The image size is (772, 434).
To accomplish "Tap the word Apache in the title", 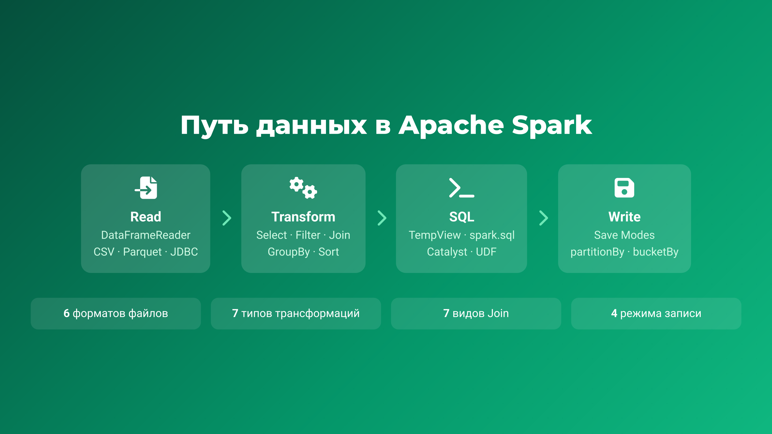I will [x=451, y=125].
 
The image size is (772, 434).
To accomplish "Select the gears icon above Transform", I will [x=303, y=188].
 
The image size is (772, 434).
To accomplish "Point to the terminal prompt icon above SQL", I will [x=462, y=188].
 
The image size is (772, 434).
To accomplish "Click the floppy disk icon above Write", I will [x=624, y=188].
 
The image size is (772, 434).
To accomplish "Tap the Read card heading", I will [x=146, y=216].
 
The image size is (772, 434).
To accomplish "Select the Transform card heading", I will [x=303, y=216].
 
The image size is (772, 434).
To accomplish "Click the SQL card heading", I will [x=462, y=216].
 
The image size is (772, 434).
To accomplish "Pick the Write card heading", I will [x=624, y=216].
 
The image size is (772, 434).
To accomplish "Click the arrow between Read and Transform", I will [x=227, y=218].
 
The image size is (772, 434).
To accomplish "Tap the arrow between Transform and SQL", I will [x=382, y=218].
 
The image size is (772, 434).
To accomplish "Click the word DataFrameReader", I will [x=146, y=235].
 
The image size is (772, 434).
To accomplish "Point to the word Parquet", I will [x=142, y=252].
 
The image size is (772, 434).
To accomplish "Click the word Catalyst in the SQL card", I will [x=447, y=252].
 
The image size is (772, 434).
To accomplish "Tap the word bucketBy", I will [x=655, y=252].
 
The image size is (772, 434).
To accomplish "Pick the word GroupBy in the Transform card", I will [x=289, y=252].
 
